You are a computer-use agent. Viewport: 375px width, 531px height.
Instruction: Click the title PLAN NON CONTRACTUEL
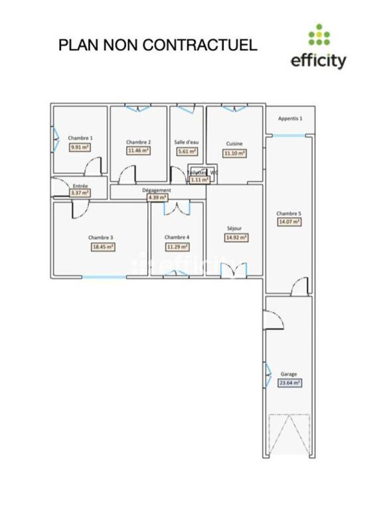157,45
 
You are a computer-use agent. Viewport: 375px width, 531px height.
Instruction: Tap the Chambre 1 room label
80,138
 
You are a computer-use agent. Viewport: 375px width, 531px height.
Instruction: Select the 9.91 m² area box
80,147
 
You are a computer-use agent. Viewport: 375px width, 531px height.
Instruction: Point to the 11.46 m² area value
138,151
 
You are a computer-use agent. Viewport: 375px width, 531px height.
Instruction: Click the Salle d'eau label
187,142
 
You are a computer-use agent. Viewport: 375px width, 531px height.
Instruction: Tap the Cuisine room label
234,143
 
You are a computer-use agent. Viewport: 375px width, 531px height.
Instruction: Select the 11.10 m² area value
234,153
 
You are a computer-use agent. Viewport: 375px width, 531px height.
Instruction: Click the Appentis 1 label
290,119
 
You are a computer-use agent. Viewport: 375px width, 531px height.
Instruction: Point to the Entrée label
80,186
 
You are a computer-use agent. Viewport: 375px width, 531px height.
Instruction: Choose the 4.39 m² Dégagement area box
157,197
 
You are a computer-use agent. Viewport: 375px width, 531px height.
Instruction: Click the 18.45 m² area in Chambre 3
103,246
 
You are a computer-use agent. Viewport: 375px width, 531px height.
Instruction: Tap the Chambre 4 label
177,237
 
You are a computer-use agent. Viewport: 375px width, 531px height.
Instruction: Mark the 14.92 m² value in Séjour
236,237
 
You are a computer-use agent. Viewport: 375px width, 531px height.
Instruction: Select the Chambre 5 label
289,213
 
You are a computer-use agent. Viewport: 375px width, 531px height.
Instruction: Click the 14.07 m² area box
289,222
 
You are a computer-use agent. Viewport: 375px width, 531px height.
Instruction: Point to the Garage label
289,374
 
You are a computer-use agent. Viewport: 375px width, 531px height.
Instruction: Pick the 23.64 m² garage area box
289,383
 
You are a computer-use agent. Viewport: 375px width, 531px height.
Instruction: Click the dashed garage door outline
289,435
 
